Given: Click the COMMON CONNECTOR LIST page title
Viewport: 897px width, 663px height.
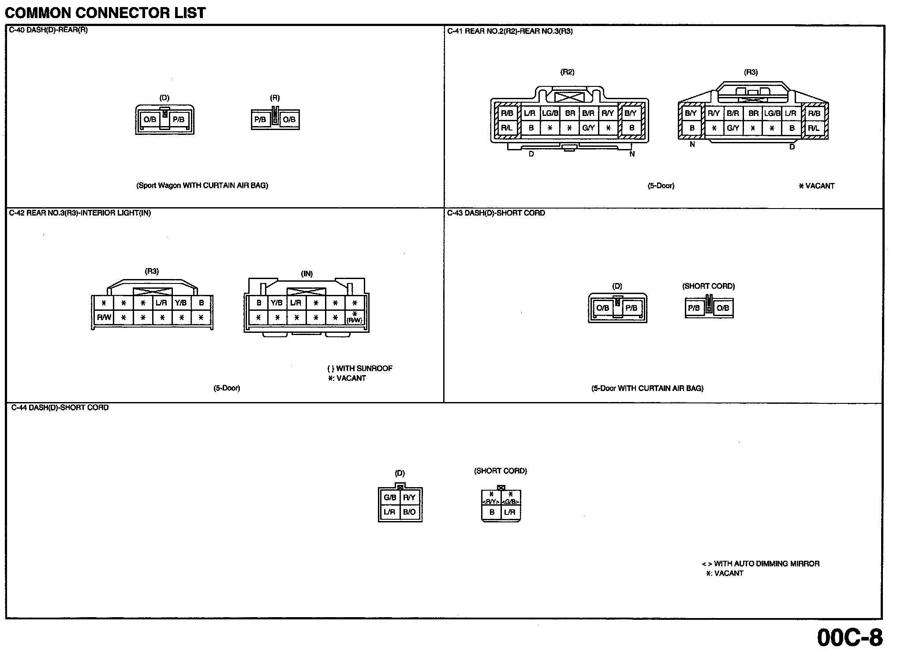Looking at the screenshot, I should pos(105,13).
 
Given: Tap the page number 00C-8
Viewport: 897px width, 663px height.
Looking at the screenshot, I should pos(850,637).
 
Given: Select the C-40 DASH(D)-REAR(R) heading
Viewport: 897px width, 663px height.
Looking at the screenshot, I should pos(49,30).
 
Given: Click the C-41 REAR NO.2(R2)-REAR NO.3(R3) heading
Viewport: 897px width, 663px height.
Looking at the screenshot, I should pos(510,31).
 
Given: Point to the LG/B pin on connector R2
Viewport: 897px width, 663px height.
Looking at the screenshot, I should pos(550,113).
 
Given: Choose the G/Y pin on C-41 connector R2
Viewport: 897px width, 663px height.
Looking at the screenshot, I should pos(588,128).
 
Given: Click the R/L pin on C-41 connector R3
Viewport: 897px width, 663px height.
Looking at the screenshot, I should pos(814,128).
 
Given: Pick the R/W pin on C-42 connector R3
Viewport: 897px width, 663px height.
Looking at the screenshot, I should pos(104,317).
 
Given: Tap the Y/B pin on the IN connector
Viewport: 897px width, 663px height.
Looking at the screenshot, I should pos(277,303).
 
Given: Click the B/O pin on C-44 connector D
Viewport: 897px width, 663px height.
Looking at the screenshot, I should pos(409,512).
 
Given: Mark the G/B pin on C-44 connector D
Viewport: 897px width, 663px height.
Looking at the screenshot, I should pos(390,498).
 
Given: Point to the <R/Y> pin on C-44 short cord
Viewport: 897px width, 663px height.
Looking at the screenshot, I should pos(491,502).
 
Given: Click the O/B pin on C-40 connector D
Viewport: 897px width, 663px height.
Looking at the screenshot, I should pos(150,119).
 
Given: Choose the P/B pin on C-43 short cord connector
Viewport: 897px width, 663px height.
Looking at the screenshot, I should pos(694,308).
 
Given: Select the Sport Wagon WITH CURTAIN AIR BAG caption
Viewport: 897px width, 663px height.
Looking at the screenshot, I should pos(202,186).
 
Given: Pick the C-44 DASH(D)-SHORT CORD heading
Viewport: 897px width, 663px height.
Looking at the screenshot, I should pos(60,408).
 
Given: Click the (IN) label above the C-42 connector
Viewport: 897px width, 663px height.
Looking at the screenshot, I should pos(306,274).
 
